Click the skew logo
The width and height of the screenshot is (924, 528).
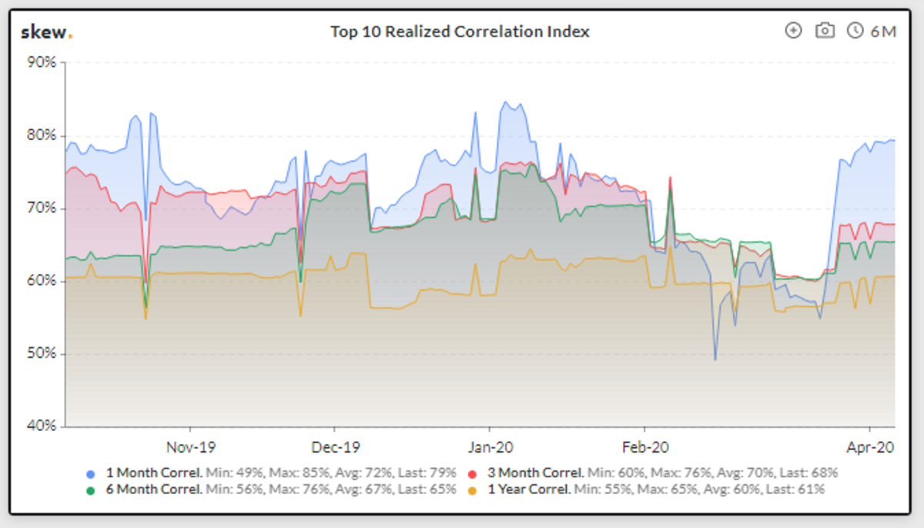(x=46, y=32)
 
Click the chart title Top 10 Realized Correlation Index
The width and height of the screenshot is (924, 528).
(x=460, y=32)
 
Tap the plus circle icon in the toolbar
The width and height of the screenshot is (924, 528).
(x=793, y=31)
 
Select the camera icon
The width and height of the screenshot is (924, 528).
(x=825, y=31)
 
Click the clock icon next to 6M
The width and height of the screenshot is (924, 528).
(x=855, y=31)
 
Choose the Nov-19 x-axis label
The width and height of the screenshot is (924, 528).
(x=190, y=446)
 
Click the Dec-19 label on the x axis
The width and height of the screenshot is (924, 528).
(x=335, y=446)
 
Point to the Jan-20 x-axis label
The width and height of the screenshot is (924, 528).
(x=490, y=446)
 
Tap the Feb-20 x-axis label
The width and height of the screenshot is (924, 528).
(x=644, y=446)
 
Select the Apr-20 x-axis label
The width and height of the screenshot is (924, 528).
(x=870, y=446)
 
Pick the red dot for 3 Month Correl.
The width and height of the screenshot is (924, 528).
(x=473, y=473)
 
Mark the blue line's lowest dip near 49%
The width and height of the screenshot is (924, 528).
(x=715, y=359)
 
